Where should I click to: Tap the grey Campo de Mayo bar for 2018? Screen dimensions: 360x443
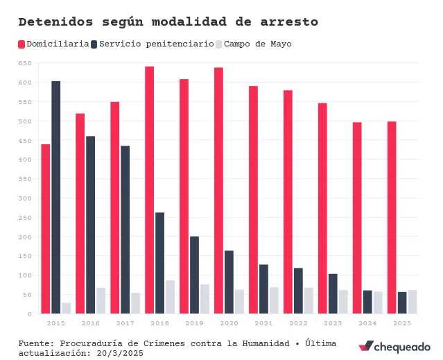point(170,297)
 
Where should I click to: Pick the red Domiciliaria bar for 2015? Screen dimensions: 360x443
point(45,229)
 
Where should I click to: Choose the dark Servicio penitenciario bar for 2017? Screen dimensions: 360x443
point(125,230)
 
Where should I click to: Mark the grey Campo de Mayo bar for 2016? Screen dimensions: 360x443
point(101,300)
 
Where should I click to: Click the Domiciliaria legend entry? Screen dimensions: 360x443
point(53,44)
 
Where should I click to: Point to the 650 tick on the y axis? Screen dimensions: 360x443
point(25,63)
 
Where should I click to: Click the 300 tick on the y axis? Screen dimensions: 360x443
point(25,198)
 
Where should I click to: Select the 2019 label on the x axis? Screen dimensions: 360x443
point(194,323)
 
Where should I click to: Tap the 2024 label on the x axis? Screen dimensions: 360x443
point(367,323)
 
